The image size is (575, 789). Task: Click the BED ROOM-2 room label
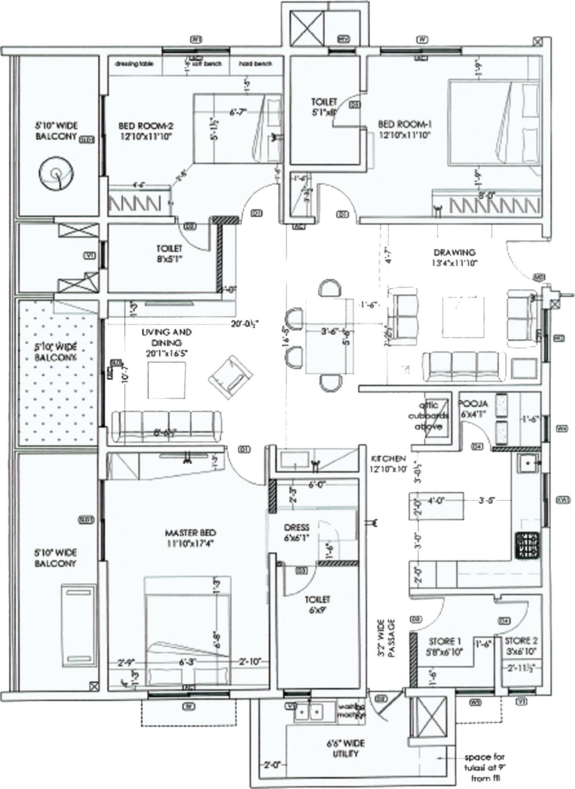point(145,130)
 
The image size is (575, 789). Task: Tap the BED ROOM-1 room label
point(404,129)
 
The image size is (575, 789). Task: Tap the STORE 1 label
point(444,646)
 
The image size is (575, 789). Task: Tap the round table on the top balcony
point(55,174)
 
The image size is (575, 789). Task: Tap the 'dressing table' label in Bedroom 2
point(134,64)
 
